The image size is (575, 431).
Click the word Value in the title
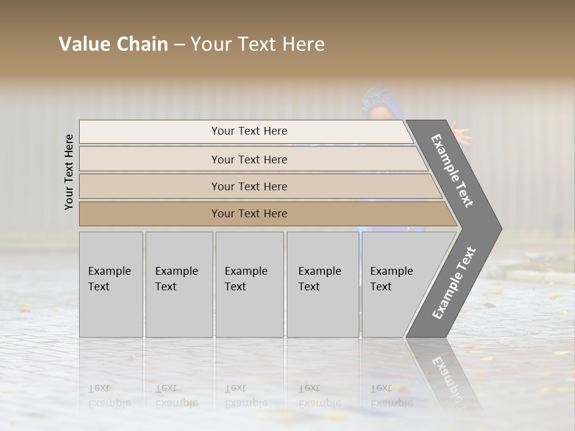click(83, 44)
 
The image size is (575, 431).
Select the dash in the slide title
click(179, 45)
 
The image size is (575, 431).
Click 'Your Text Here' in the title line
click(258, 44)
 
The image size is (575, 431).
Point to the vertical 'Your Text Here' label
click(69, 172)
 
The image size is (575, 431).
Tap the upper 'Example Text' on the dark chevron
click(452, 171)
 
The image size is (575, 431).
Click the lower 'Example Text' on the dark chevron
click(453, 283)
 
